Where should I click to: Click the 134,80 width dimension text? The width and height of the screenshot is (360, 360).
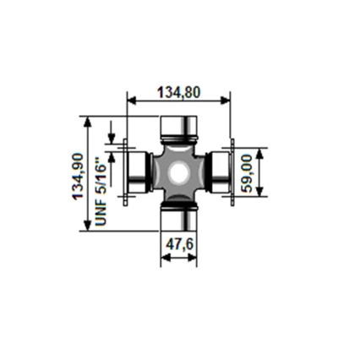pyautogui.click(x=178, y=92)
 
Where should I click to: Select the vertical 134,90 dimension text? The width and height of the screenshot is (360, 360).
pyautogui.click(x=78, y=175)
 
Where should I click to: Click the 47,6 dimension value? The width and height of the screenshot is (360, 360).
pyautogui.click(x=178, y=244)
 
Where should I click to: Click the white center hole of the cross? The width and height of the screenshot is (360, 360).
pyautogui.click(x=178, y=173)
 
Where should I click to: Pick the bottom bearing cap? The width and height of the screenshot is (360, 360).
pyautogui.click(x=178, y=218)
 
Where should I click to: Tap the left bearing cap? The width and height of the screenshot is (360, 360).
pyautogui.click(x=136, y=172)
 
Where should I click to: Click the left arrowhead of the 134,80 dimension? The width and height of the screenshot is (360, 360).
pyautogui.click(x=130, y=100)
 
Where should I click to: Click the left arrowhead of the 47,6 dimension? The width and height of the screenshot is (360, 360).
pyautogui.click(x=164, y=258)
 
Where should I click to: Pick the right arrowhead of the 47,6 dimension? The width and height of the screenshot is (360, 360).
pyautogui.click(x=194, y=258)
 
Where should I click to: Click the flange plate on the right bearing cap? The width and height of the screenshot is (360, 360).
pyautogui.click(x=232, y=172)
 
